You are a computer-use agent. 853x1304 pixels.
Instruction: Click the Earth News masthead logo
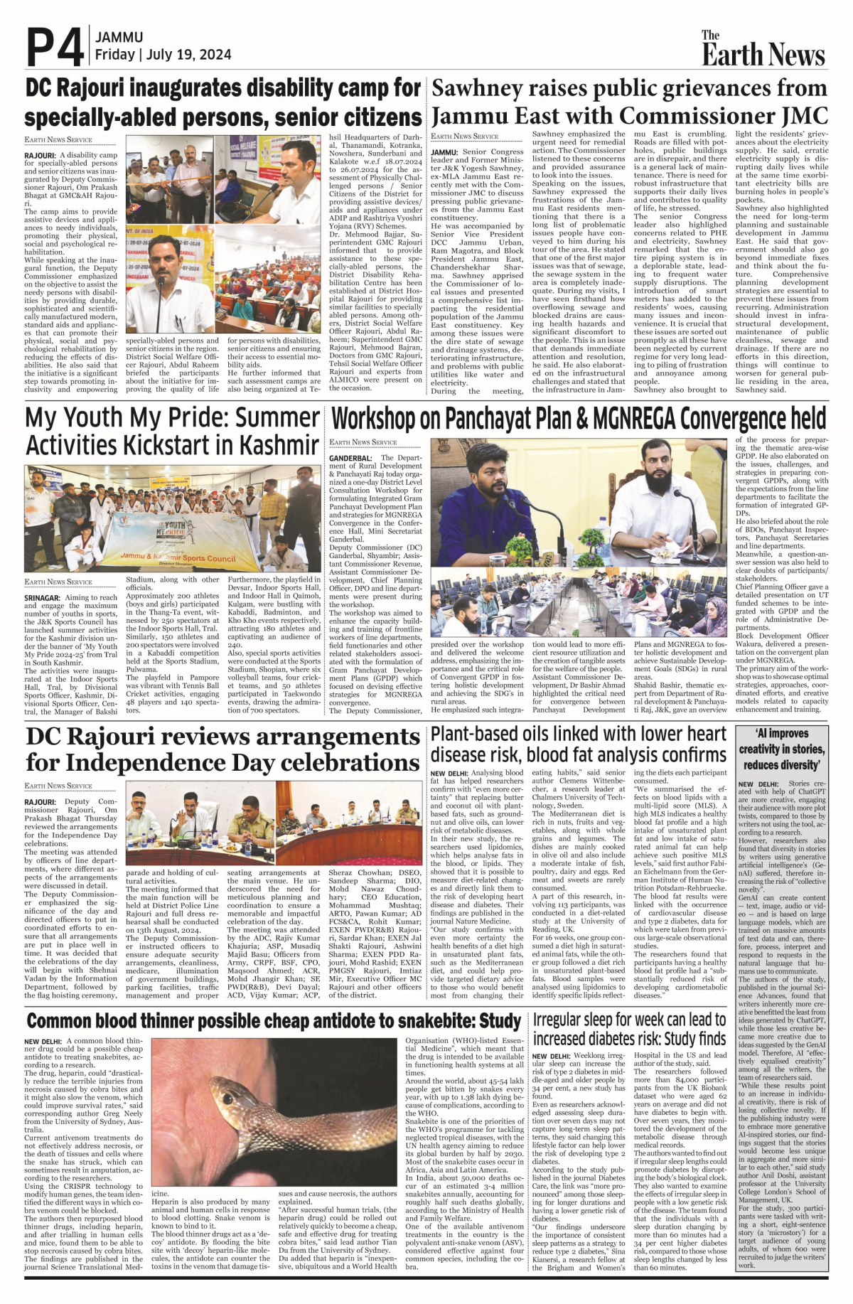[x=763, y=50]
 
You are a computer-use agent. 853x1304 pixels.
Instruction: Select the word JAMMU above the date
[x=119, y=37]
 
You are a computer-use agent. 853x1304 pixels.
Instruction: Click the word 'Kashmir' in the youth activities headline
[x=273, y=446]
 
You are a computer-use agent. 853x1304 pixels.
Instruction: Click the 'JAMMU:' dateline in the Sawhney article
[x=444, y=151]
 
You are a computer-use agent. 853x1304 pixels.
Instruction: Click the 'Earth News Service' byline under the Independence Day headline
[x=58, y=786]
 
